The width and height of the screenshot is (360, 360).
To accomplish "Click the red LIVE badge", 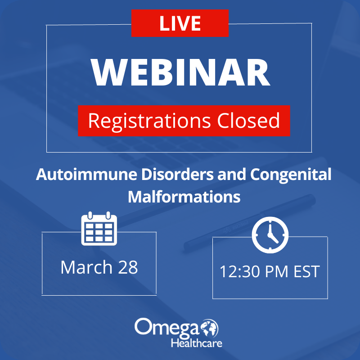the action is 180,23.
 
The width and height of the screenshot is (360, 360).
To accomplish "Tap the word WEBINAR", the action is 180,72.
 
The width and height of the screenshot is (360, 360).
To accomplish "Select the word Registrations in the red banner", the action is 149,121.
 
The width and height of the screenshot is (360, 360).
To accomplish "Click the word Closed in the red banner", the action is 248,120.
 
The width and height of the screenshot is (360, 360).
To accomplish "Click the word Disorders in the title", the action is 177,175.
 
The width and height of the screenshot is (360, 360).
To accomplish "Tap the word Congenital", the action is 291,175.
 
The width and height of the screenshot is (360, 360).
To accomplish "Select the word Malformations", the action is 184,197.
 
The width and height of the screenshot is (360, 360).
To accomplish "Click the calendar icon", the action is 99,229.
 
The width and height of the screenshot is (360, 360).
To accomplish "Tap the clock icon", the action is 270,235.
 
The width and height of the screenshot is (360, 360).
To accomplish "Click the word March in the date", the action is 86,267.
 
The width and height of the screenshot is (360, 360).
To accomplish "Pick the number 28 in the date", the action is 128,267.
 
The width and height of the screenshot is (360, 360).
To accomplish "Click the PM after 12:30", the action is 277,272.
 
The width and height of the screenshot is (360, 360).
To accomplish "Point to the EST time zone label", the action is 307,272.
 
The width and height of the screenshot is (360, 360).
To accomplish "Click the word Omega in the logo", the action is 167,327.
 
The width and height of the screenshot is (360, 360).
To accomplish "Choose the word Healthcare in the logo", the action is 197,343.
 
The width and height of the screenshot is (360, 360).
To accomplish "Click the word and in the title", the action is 232,175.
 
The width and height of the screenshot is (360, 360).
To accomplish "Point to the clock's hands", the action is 272,234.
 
